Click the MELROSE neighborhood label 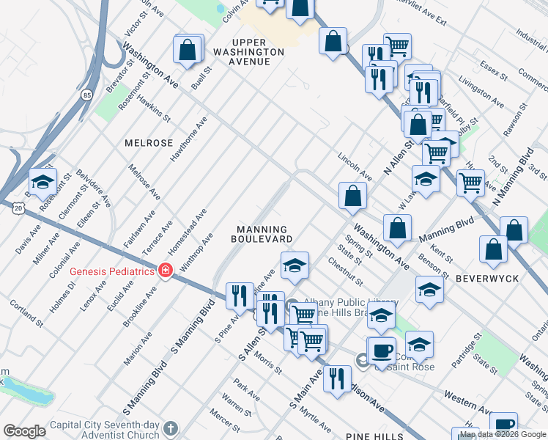pos(149,143)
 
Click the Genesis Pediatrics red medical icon pos(166,271)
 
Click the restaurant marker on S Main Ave pos(336,378)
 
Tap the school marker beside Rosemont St pos(42,180)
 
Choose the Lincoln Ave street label pos(355,166)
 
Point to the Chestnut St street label pos(345,271)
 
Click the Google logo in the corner pos(24,431)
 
